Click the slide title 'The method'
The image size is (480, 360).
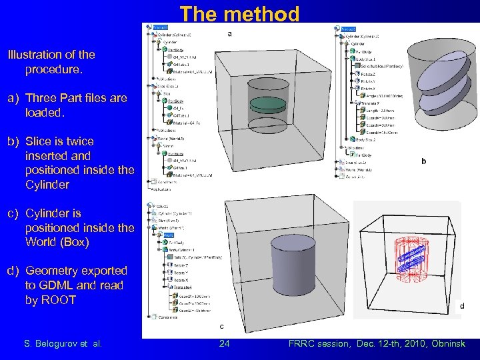click(x=240, y=13)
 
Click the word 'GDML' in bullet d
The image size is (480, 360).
click(x=45, y=285)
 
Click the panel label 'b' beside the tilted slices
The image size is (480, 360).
click(x=424, y=161)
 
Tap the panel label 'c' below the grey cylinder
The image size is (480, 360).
click(x=222, y=327)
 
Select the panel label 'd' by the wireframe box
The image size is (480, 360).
click(x=462, y=306)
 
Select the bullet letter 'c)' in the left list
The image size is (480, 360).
click(x=13, y=213)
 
